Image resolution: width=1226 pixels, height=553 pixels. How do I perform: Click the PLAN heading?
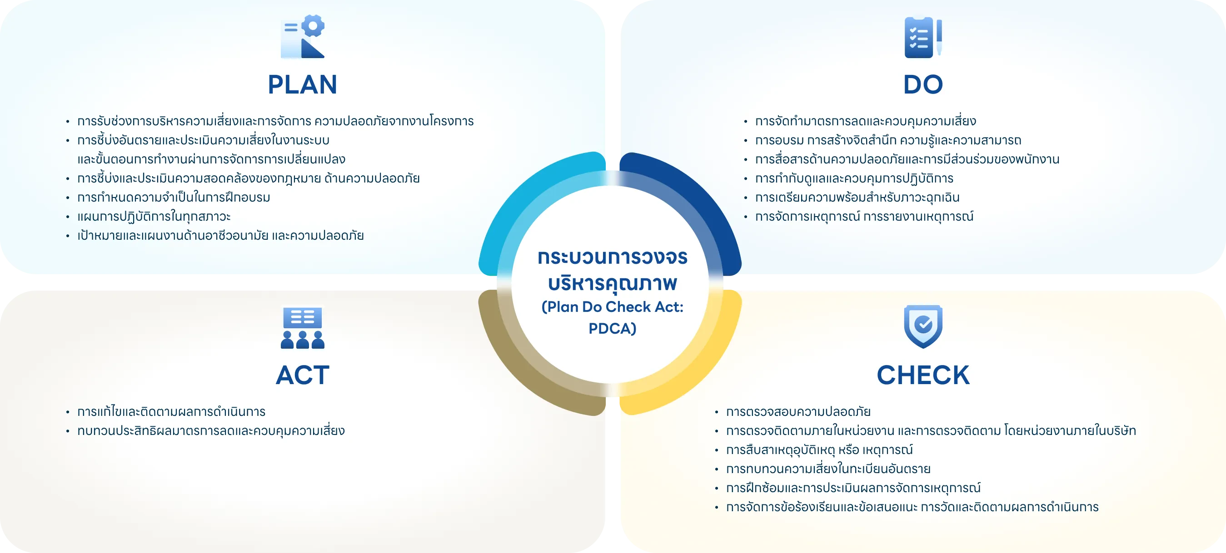tap(302, 84)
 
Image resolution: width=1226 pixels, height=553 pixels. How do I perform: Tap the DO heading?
tap(923, 84)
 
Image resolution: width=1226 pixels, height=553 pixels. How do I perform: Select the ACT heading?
tap(302, 375)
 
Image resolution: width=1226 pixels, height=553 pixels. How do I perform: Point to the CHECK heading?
tap(923, 375)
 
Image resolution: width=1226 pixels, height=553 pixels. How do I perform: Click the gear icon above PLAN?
tap(302, 37)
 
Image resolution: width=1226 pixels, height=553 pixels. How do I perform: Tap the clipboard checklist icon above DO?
tap(923, 37)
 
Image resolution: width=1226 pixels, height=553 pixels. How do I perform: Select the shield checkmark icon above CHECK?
tap(923, 326)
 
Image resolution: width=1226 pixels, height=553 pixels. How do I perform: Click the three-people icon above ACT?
tap(302, 328)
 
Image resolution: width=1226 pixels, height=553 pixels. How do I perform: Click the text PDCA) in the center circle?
tap(612, 329)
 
